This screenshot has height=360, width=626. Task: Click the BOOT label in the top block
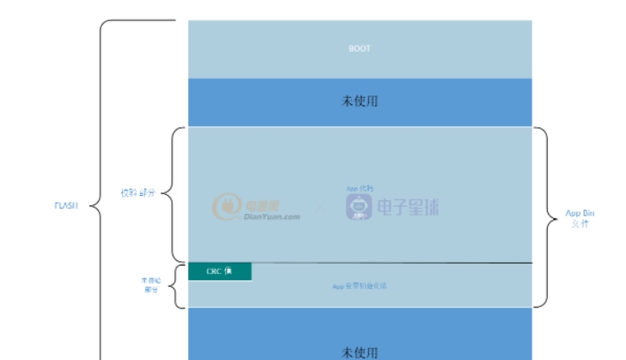(x=360, y=49)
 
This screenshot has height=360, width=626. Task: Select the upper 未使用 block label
(x=360, y=101)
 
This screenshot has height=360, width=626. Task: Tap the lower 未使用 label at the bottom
(x=360, y=351)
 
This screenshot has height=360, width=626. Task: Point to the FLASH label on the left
(x=66, y=205)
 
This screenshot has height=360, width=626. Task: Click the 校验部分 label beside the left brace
(x=137, y=192)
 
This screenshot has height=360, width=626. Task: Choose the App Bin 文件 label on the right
(x=580, y=217)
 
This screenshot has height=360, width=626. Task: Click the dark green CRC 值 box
(x=220, y=272)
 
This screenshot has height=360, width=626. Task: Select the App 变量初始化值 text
(x=359, y=286)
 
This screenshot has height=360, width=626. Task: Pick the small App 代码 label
(x=359, y=186)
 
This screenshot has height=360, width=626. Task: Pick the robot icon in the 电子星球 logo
(x=360, y=207)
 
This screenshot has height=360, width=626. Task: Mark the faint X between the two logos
(x=321, y=206)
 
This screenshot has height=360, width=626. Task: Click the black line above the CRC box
(x=361, y=263)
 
